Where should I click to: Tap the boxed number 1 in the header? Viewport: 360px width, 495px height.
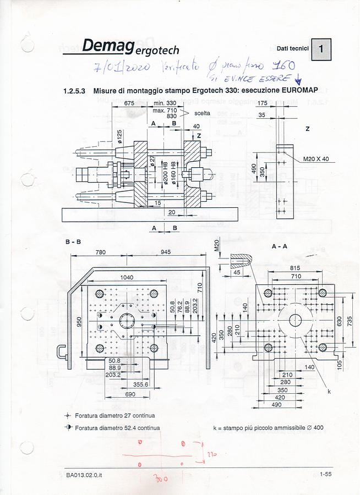point(322,50)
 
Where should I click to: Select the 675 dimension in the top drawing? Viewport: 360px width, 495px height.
point(129,103)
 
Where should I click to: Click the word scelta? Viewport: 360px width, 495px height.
point(201,113)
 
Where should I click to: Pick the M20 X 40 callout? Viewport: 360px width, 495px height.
point(315,159)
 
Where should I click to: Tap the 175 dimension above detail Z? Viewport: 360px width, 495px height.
point(263,103)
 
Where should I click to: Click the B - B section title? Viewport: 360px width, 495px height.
point(73,242)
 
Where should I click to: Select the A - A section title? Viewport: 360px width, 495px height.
point(280,246)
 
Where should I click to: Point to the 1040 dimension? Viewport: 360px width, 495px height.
point(126,278)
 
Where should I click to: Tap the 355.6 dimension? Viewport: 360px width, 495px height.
point(140,384)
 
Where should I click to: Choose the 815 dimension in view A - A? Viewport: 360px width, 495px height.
point(296,268)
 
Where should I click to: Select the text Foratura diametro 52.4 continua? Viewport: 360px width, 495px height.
point(117,427)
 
